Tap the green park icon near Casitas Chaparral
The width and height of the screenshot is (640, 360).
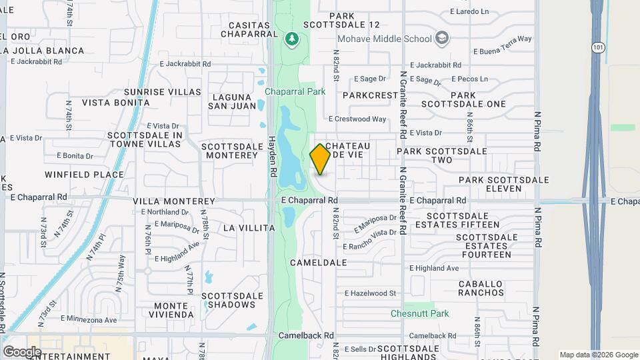(291, 39)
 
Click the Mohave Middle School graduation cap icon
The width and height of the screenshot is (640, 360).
(441, 38)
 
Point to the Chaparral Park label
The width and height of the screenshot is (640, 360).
(295, 91)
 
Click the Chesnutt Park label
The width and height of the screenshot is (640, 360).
(420, 313)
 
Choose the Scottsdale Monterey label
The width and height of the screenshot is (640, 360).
(229, 150)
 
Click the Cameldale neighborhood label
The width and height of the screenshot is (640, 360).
(319, 263)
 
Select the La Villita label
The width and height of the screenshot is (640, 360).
(249, 228)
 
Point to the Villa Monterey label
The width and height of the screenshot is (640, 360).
(174, 201)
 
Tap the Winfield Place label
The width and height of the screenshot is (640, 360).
(85, 175)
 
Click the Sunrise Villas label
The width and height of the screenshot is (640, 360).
(163, 91)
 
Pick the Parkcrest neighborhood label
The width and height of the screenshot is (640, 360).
(370, 95)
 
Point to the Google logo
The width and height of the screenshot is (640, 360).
(22, 351)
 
